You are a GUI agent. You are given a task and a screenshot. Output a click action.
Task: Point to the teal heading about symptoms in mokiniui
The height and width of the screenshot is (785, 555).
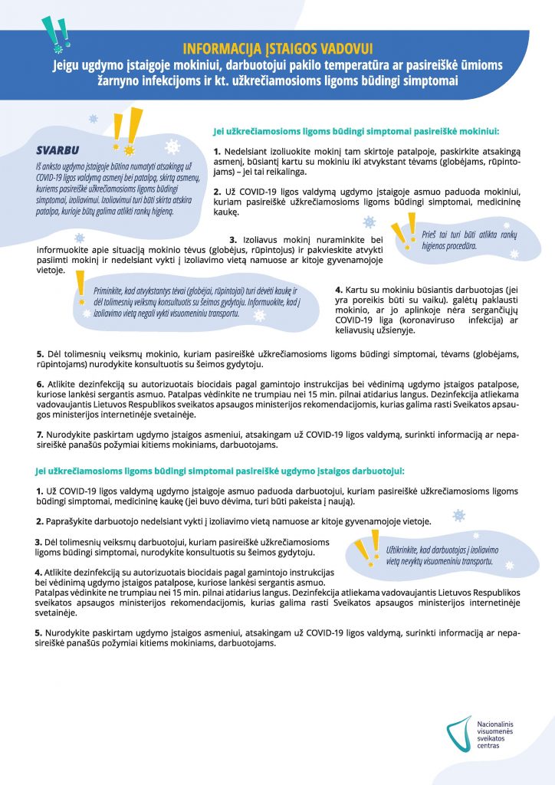click(356, 131)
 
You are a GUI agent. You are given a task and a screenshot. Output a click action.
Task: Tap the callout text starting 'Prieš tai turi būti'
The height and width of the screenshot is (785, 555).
click(460, 241)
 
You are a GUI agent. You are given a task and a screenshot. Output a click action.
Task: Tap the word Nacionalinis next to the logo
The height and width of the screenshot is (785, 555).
click(498, 724)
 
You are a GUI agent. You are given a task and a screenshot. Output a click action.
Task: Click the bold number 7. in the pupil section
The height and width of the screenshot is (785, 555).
click(40, 434)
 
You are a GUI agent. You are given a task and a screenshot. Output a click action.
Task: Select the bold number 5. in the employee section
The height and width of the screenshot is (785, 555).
click(38, 632)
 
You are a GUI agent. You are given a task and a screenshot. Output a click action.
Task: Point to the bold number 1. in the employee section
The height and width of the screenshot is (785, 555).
click(39, 489)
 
